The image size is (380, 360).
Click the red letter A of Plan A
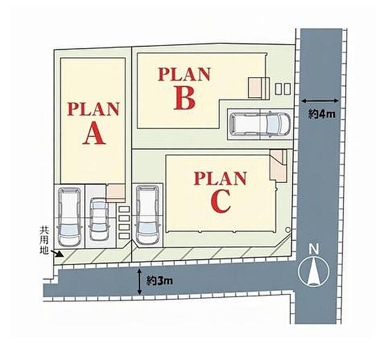click(x=94, y=133)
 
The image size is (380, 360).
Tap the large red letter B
click(x=185, y=98)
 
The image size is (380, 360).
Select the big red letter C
click(x=221, y=201)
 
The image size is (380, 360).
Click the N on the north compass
click(x=314, y=249)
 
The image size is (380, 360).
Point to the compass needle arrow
click(x=314, y=271)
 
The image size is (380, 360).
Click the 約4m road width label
click(x=322, y=114)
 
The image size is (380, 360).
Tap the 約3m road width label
click(x=159, y=281)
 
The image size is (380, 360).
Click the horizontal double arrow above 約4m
click(x=319, y=101)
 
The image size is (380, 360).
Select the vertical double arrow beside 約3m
click(x=139, y=282)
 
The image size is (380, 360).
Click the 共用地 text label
click(x=44, y=240)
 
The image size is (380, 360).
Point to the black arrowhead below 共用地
click(x=60, y=254)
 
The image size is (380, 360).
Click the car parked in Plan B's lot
click(x=260, y=124)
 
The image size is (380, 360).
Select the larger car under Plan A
click(x=69, y=217)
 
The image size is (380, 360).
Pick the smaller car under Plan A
click(x=99, y=219)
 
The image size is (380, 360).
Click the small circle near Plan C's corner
click(x=287, y=229)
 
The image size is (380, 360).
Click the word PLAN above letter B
click(x=184, y=74)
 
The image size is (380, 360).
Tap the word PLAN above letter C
click(x=220, y=178)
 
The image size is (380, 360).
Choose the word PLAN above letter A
click(x=94, y=109)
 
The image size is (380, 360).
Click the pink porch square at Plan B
click(x=254, y=87)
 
